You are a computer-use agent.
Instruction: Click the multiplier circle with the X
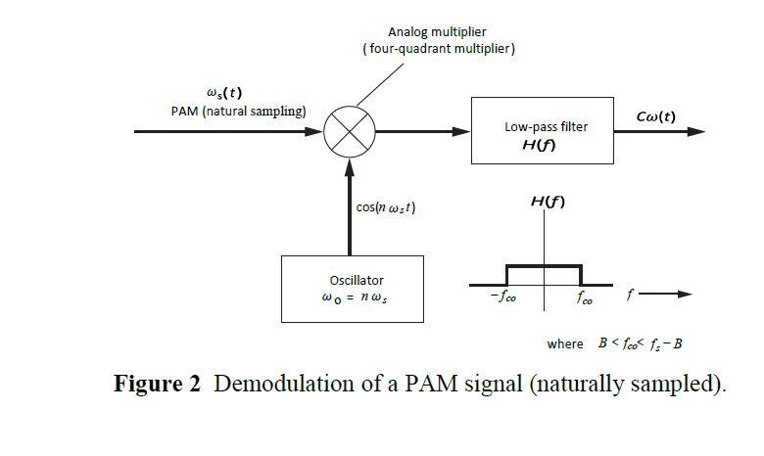click(350, 131)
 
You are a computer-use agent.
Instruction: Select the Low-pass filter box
click(542, 131)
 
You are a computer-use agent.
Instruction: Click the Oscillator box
click(352, 289)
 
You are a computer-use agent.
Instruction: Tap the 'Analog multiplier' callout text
click(438, 32)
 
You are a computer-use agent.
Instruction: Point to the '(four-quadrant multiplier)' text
click(438, 49)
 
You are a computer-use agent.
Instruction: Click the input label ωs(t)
click(223, 93)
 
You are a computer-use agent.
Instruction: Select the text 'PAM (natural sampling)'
click(238, 111)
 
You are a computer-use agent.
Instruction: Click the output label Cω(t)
click(655, 116)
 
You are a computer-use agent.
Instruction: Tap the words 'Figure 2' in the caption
click(157, 384)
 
